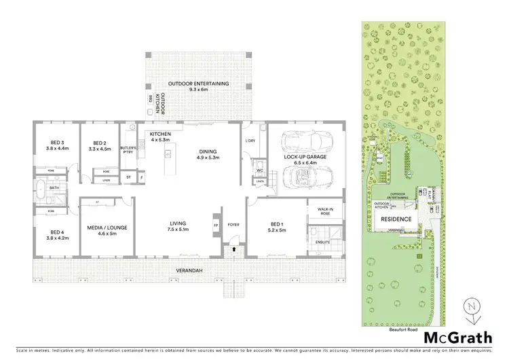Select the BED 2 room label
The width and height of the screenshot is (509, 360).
tap(99, 146)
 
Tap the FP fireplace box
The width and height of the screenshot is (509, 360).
tap(216, 225)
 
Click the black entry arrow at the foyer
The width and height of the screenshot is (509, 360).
tap(235, 250)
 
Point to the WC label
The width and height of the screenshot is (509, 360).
tap(259, 170)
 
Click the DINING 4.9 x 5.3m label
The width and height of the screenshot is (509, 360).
tap(208, 156)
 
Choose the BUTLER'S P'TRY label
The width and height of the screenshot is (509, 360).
tap(129, 150)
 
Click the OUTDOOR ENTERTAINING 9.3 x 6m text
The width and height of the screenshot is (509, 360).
tap(200, 86)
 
